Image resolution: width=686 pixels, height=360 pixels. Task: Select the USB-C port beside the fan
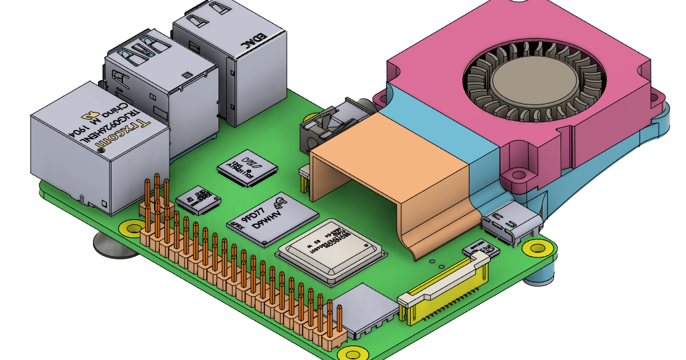(511, 226)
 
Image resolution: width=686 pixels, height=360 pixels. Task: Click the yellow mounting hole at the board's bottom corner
(351, 352)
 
